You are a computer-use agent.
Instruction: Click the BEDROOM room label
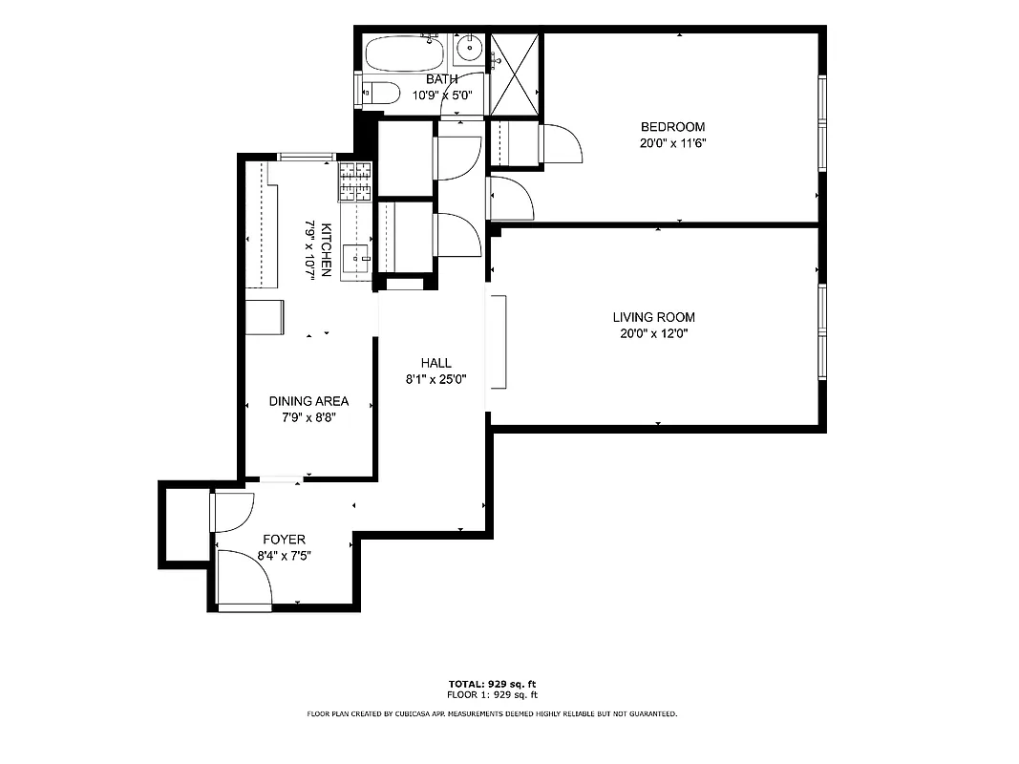tap(672, 127)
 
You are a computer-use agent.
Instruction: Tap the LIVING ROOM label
tap(653, 317)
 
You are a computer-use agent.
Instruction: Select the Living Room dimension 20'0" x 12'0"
tap(653, 334)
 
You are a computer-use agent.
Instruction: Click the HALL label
tap(435, 363)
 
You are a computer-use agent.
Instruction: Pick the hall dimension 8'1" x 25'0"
tap(435, 379)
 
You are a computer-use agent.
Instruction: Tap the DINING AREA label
tap(308, 401)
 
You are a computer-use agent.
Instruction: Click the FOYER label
tap(284, 540)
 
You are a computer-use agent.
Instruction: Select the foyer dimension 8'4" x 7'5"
tap(284, 556)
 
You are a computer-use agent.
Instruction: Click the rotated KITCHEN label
tap(327, 249)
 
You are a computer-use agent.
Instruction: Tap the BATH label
tap(441, 79)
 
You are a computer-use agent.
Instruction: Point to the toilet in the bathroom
tap(381, 94)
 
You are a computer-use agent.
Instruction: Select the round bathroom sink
tap(469, 47)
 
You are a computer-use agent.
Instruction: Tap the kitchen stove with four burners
tap(354, 181)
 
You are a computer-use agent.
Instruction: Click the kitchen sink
tap(358, 256)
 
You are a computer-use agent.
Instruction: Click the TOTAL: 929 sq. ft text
tap(492, 684)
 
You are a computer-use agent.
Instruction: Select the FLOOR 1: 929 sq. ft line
tap(492, 695)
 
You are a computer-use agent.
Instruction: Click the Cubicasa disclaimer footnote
tap(492, 713)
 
